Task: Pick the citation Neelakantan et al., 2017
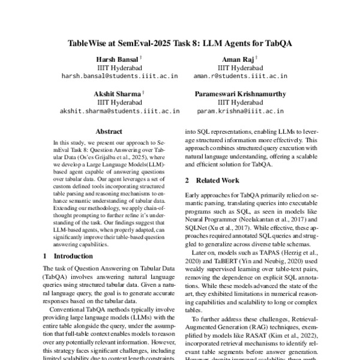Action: pyautogui.click(x=270, y=220)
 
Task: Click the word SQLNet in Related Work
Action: pyautogui.click(x=199, y=229)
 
